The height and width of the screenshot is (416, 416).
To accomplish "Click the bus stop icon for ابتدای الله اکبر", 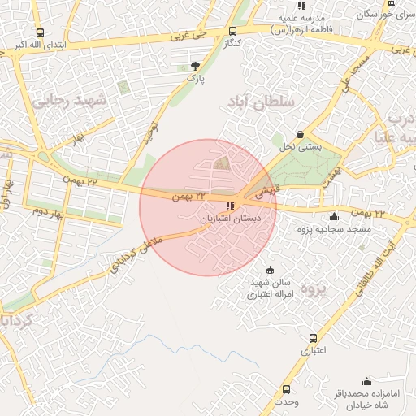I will point(41,33).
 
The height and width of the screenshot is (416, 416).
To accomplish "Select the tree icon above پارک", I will point(194,66).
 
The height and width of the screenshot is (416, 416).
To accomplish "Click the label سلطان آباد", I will point(269,103).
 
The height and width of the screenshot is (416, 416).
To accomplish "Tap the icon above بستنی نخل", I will point(301,134).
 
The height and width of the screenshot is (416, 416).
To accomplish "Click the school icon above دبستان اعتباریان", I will point(231,206).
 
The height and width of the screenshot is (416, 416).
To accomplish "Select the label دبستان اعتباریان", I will point(231,219).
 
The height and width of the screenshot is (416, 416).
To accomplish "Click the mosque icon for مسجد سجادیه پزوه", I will point(334,216).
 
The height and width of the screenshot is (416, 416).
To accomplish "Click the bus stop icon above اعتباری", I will point(313,339).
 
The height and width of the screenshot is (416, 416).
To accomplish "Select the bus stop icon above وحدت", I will point(286,390).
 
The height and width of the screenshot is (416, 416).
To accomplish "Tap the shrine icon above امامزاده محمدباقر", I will point(366,381).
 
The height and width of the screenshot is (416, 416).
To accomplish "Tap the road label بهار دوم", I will point(48,213).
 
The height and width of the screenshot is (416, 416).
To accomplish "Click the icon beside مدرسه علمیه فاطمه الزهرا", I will point(301,6).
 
